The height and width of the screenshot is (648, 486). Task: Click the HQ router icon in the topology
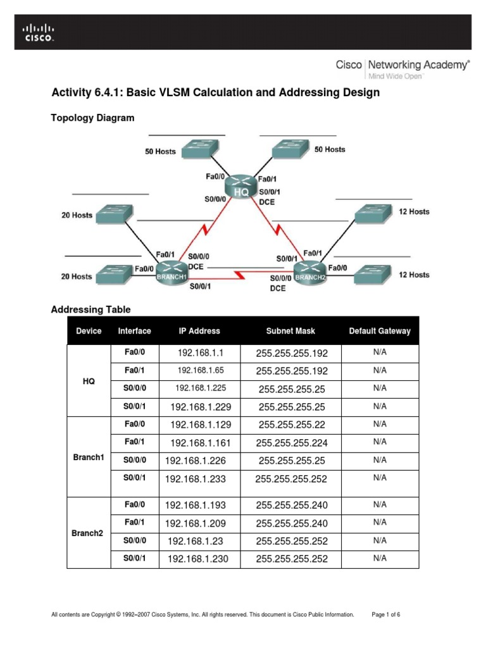pyautogui.click(x=240, y=187)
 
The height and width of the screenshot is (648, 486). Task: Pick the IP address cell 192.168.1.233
pyautogui.click(x=196, y=479)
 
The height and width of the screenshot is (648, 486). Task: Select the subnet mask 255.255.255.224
pyautogui.click(x=291, y=443)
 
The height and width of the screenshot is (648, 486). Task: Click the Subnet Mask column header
pyautogui.click(x=290, y=331)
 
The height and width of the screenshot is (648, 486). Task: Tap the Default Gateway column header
pyautogui.click(x=380, y=331)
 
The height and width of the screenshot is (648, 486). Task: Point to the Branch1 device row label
pyautogui.click(x=89, y=458)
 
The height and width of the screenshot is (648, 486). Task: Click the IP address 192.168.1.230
pyautogui.click(x=197, y=558)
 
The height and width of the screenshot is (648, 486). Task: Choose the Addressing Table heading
pyautogui.click(x=90, y=309)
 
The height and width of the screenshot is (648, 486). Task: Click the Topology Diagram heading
pyautogui.click(x=92, y=118)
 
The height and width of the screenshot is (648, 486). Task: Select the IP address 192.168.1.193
pyautogui.click(x=196, y=505)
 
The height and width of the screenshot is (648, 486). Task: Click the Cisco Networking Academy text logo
pyautogui.click(x=402, y=66)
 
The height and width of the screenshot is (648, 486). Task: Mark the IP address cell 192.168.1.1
pyautogui.click(x=200, y=352)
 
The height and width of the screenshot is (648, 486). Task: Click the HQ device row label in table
pyautogui.click(x=89, y=380)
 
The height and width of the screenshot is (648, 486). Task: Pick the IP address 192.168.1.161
pyautogui.click(x=200, y=443)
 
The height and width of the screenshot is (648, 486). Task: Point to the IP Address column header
pyautogui.click(x=199, y=331)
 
